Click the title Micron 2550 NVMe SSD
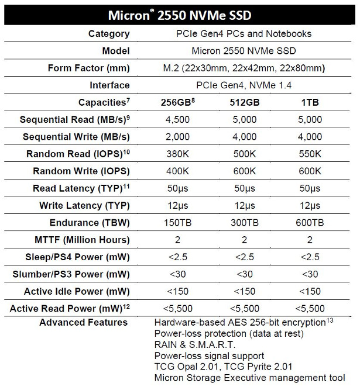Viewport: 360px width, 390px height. point(180,13)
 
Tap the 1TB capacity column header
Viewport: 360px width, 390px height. point(310,102)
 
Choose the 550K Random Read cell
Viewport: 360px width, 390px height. point(310,154)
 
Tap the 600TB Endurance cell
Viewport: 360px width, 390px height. point(310,223)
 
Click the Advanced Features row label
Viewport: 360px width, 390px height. point(83,322)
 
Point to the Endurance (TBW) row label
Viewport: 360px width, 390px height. point(91,223)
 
